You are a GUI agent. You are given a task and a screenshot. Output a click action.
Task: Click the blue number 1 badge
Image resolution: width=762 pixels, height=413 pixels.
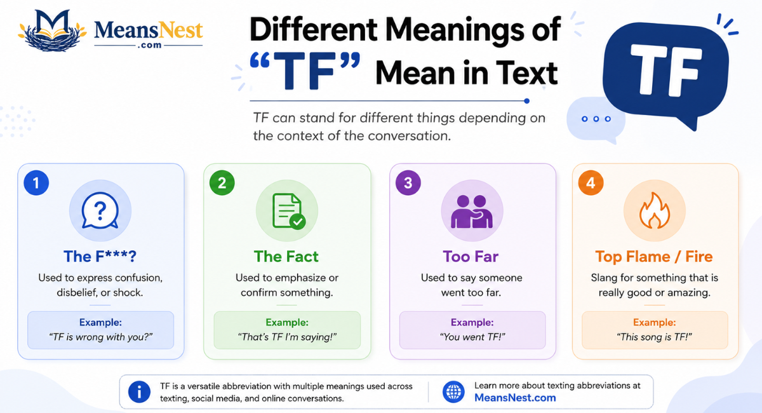(x=36, y=183)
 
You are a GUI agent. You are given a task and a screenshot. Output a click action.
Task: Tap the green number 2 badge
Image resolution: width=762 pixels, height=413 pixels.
(x=222, y=183)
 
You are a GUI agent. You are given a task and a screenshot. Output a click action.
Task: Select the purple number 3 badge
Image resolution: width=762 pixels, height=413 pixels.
(x=408, y=183)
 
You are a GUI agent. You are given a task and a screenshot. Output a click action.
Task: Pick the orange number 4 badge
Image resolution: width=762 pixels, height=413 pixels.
(x=591, y=183)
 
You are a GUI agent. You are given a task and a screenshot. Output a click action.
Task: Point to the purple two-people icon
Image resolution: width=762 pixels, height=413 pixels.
(x=471, y=212)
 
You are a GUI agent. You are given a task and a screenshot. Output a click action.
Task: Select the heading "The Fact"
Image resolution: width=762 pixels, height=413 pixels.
(x=286, y=257)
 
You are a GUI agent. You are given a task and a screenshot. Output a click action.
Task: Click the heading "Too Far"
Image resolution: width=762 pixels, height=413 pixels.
(x=471, y=257)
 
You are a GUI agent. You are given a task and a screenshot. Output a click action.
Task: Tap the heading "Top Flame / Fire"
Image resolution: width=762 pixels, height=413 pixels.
(x=653, y=257)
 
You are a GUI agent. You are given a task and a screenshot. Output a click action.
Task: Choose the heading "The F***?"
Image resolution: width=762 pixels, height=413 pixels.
(x=100, y=257)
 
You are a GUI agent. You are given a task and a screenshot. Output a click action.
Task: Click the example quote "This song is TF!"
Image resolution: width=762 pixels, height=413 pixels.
(x=654, y=337)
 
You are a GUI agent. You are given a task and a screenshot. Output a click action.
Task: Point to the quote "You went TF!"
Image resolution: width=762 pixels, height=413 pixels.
(x=472, y=337)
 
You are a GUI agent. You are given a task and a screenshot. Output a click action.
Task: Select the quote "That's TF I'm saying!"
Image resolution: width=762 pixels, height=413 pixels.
(x=287, y=337)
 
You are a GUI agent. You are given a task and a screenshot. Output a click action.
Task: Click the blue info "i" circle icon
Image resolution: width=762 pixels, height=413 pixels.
(x=139, y=392)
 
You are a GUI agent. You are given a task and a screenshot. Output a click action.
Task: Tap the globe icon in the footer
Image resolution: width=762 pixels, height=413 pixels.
(x=453, y=392)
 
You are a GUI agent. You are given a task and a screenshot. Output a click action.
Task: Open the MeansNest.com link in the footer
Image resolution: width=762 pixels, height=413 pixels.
(x=515, y=398)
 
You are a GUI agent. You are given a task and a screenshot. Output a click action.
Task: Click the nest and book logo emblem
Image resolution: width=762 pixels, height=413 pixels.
(x=52, y=30)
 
